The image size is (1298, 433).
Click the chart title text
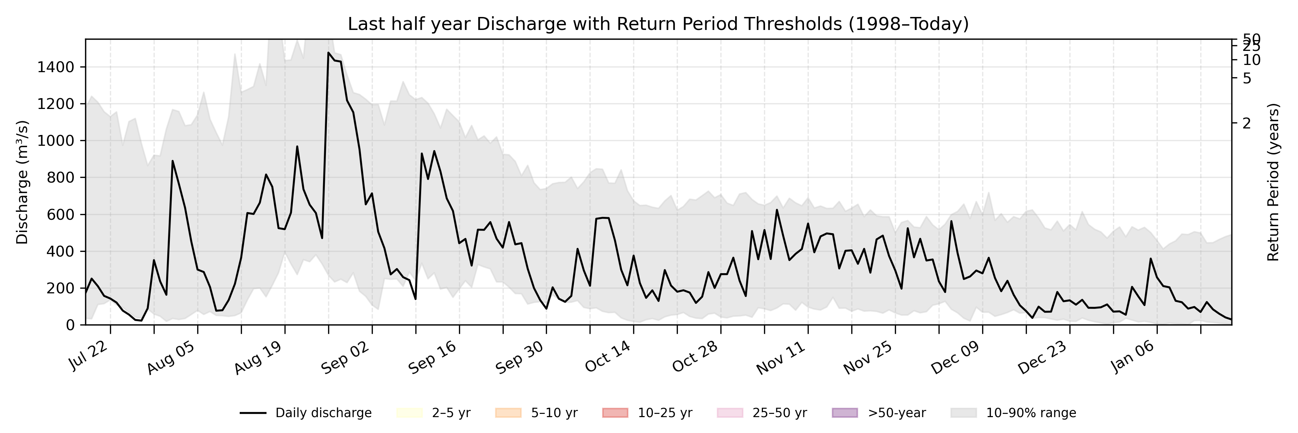658,24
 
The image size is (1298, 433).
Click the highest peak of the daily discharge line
328,52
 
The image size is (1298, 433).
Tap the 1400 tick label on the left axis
56,67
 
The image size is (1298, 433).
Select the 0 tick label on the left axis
70,325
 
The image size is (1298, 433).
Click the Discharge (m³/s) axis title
22,182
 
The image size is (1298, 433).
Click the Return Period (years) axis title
1273,182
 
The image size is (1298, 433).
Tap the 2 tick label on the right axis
1246,123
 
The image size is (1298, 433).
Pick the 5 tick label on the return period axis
1246,79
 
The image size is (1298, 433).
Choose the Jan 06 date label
1132,357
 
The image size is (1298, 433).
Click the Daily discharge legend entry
305,413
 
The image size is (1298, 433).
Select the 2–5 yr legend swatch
409,413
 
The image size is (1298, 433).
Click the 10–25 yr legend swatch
615,413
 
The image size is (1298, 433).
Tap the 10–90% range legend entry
1013,413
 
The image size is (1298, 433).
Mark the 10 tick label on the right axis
1251,60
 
